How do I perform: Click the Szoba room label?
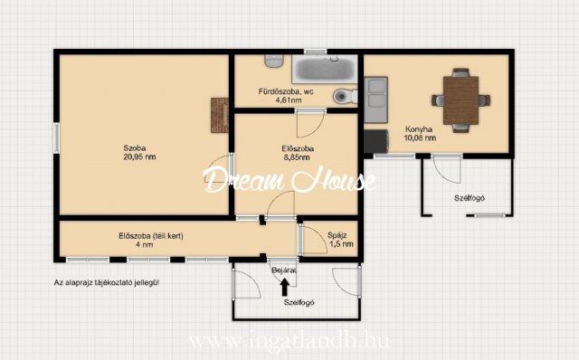135,148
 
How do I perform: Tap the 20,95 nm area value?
139,156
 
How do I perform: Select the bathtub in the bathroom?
325,69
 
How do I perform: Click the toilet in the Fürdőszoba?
345,97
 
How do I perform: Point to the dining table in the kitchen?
460,100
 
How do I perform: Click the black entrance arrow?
284,288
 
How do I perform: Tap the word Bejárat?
283,270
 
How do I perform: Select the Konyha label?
419,129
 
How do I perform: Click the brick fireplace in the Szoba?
220,115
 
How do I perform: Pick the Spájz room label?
337,235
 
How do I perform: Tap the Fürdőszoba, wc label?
286,91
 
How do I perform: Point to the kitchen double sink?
376,99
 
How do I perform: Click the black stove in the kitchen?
376,141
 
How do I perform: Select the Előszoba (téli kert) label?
151,235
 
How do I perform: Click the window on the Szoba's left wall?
56,137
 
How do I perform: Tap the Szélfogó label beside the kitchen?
469,198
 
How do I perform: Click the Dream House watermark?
289,180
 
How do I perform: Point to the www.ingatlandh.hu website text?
289,340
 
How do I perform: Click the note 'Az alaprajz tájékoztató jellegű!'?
107,283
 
